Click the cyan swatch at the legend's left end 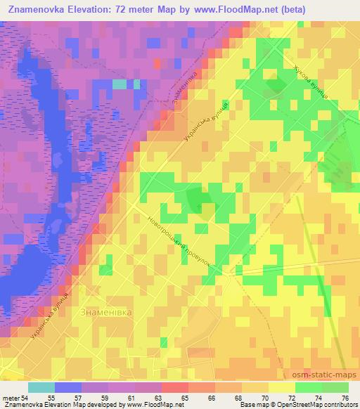41,387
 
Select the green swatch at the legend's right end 335,387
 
